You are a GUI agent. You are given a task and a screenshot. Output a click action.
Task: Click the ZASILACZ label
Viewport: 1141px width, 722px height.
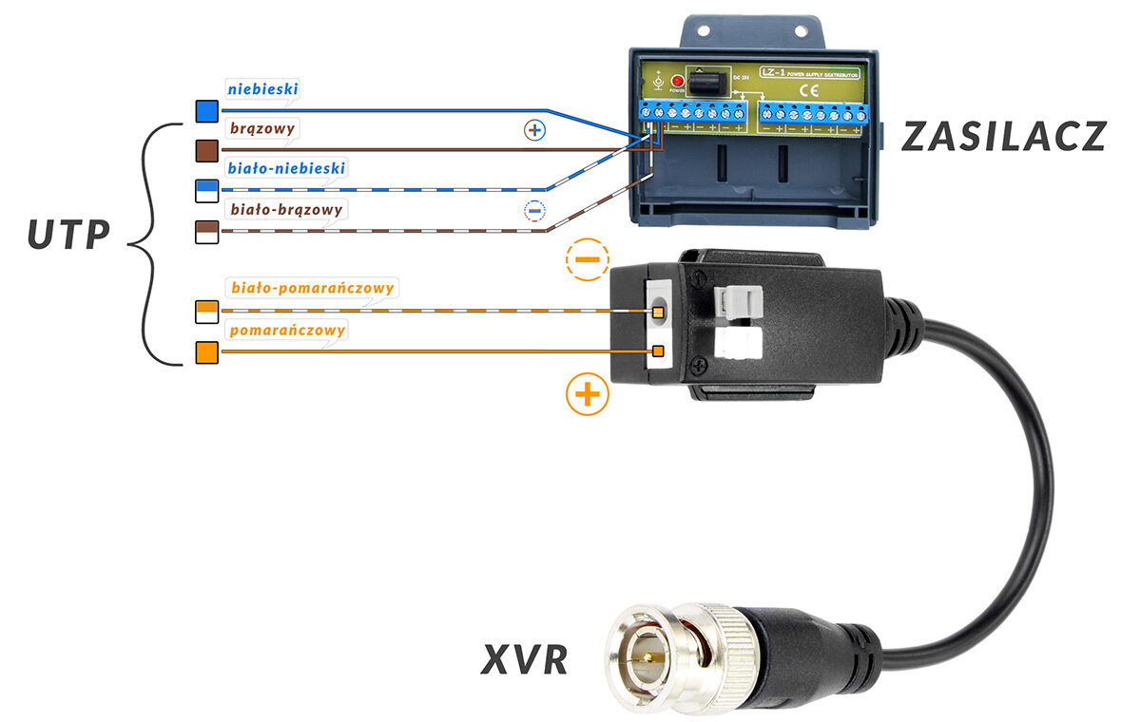1004,137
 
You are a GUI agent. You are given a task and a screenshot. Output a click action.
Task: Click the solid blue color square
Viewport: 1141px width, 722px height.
207,111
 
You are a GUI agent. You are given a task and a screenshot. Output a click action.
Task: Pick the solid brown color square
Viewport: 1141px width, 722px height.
207,150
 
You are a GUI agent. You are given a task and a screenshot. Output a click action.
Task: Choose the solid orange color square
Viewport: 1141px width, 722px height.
207,352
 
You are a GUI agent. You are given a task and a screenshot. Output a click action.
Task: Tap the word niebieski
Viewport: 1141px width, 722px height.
263,89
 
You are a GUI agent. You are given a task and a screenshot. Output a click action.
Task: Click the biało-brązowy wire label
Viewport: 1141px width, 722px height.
286,209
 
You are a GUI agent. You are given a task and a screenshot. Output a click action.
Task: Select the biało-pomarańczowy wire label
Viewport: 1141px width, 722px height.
312,287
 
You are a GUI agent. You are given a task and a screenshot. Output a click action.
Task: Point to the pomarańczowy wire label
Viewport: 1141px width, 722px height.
286,330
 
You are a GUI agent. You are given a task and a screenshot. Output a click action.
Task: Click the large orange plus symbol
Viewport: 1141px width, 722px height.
588,393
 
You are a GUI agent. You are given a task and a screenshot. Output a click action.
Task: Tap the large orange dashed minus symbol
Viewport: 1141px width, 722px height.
588,259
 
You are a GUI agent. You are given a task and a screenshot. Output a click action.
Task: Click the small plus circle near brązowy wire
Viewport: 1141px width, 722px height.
535,131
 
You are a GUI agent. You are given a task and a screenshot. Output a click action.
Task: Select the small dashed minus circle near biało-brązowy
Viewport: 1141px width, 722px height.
535,210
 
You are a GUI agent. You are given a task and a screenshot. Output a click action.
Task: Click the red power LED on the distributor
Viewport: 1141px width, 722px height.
677,82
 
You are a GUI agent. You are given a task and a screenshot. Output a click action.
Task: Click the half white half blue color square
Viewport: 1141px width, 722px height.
207,189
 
